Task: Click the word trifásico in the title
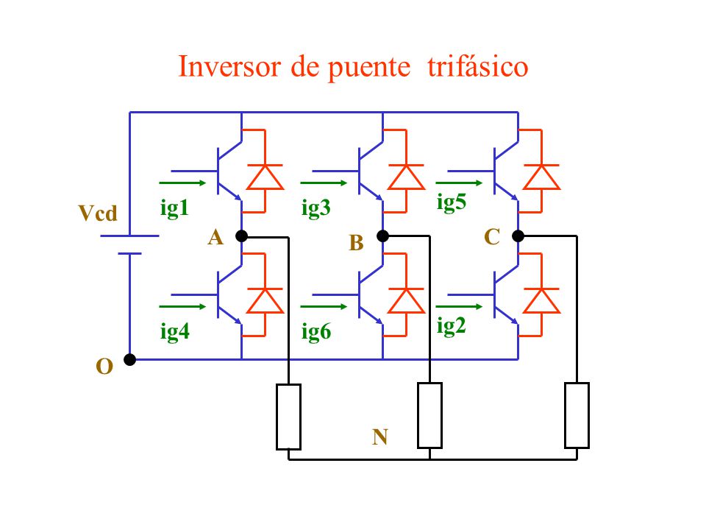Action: click(x=478, y=67)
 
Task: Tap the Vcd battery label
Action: click(x=98, y=213)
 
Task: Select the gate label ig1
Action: click(x=174, y=208)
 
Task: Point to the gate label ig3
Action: click(x=316, y=208)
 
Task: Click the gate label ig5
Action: click(x=451, y=202)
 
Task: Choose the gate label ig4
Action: click(x=175, y=332)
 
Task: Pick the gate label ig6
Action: click(x=316, y=332)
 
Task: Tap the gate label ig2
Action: click(x=451, y=325)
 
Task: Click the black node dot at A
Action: click(x=242, y=236)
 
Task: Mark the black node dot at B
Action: click(x=382, y=236)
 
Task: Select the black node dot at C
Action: click(x=518, y=236)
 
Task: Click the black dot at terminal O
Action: click(x=129, y=360)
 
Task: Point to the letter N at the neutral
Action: click(x=380, y=437)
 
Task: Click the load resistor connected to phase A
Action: click(x=288, y=417)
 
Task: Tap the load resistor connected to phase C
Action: click(x=577, y=415)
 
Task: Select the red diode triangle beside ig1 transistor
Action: click(x=265, y=177)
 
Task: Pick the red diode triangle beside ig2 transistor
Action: click(x=541, y=300)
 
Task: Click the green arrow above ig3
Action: click(x=324, y=183)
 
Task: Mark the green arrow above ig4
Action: click(x=182, y=306)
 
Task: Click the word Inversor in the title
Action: click(x=229, y=67)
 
